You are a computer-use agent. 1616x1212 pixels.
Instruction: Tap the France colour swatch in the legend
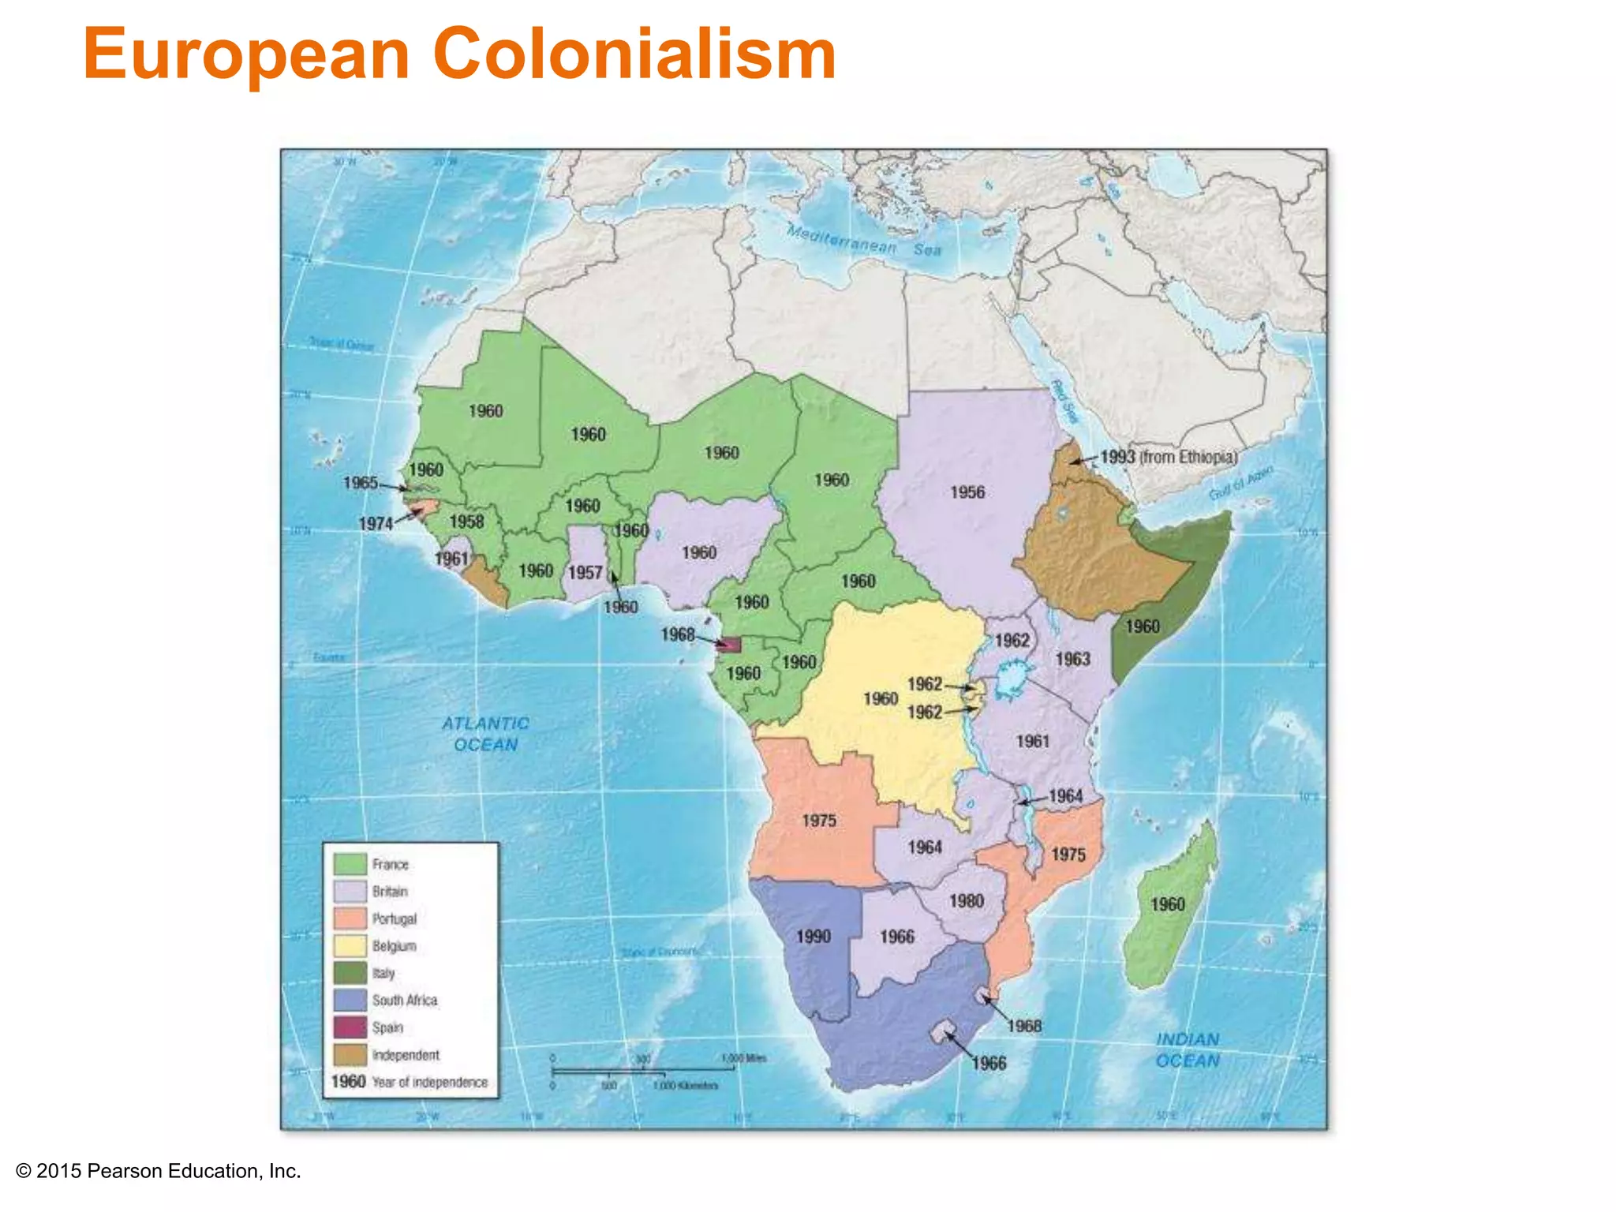click(350, 864)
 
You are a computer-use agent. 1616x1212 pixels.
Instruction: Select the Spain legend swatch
click(350, 1027)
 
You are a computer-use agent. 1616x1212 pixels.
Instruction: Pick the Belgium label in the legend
click(394, 946)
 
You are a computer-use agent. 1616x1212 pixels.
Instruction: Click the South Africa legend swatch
click(350, 1001)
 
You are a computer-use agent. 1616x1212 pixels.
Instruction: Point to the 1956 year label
click(967, 492)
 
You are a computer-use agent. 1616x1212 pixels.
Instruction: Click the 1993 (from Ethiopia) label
click(1169, 457)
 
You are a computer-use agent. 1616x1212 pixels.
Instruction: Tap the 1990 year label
click(813, 937)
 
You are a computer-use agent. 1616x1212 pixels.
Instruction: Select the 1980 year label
click(966, 901)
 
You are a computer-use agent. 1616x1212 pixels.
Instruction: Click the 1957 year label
click(585, 573)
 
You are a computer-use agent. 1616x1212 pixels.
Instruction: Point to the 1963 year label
click(1072, 659)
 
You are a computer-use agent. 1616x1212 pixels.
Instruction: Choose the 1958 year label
click(466, 522)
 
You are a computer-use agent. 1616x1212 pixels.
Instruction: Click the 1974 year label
click(375, 524)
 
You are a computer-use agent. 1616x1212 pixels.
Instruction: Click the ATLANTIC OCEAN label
click(485, 734)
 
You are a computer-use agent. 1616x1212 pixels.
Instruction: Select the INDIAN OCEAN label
click(1188, 1050)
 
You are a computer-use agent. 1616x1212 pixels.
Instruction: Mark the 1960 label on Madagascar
click(1167, 904)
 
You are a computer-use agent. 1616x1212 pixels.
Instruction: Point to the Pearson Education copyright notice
click(159, 1171)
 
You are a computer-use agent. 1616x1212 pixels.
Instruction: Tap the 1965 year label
click(361, 482)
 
